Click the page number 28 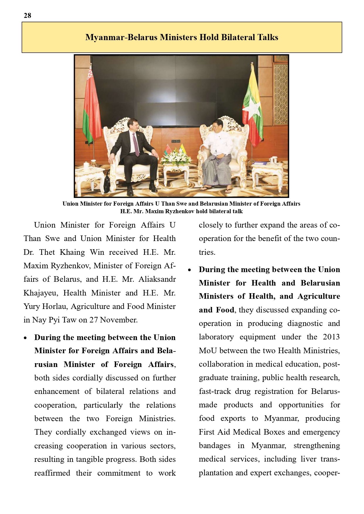coord(27,16)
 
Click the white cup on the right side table coord(273,160)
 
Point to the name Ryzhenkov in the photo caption coord(182,211)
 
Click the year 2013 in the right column coord(331,337)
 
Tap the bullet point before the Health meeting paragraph coord(190,270)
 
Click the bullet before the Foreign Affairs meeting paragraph coord(26,338)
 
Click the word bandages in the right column coord(214,445)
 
